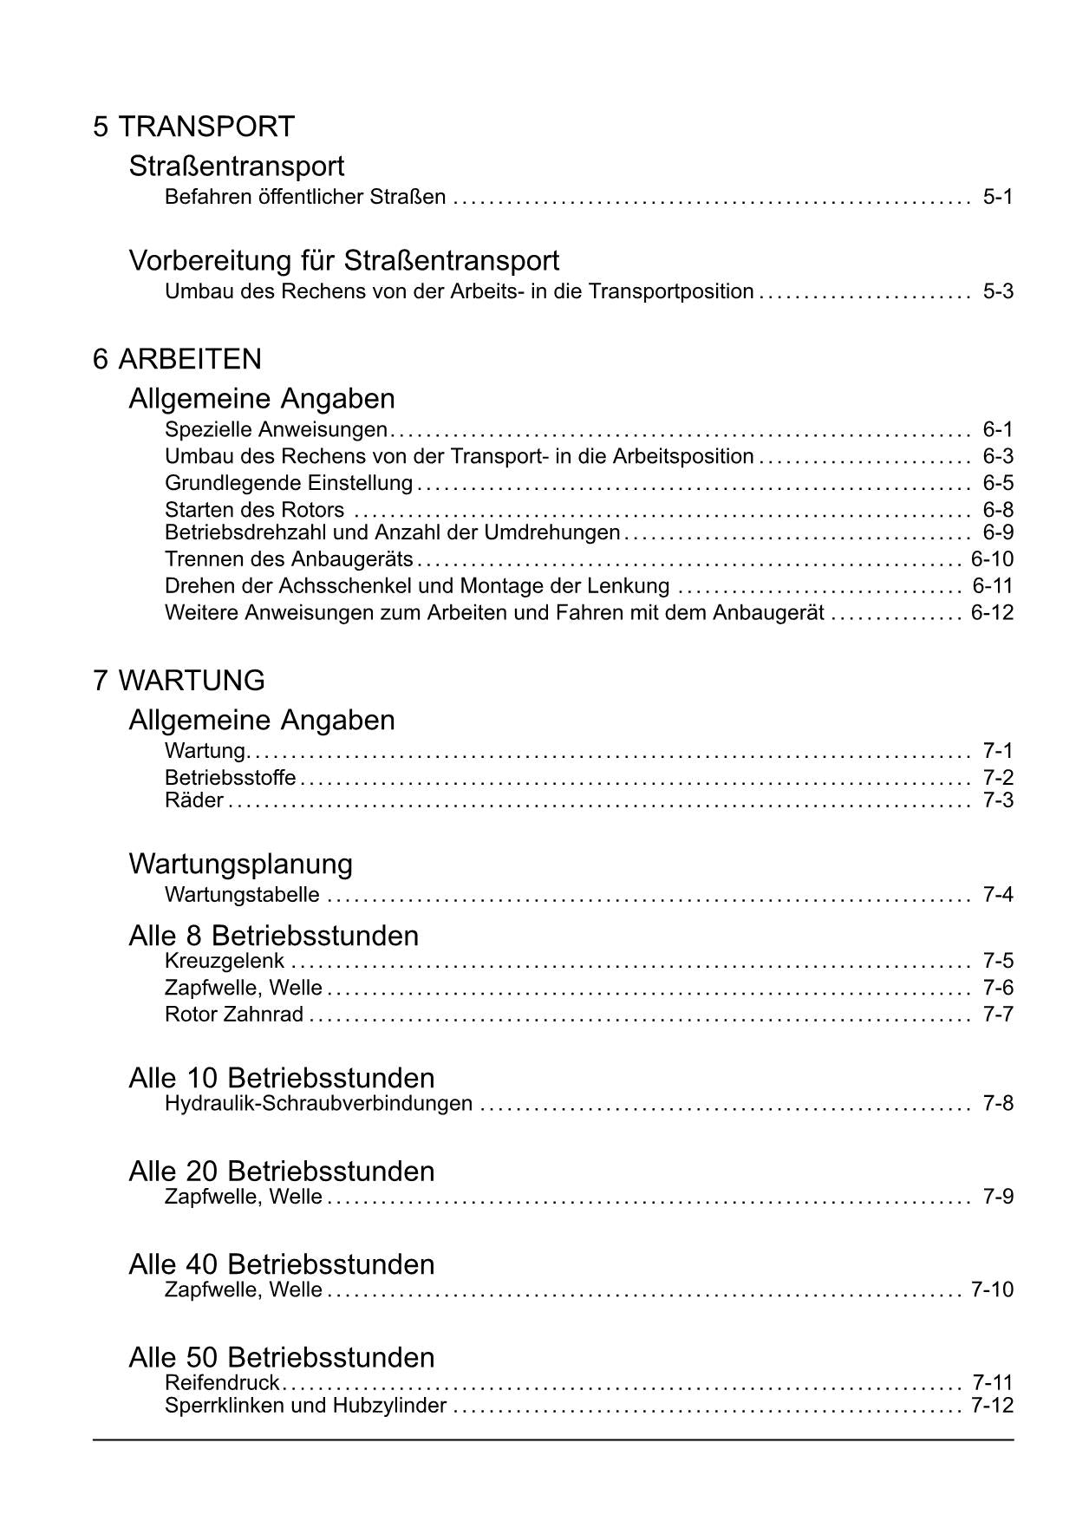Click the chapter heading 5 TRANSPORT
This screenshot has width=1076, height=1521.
[193, 127]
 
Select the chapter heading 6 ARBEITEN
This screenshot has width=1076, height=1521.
[177, 359]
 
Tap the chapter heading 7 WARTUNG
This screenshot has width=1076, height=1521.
[179, 680]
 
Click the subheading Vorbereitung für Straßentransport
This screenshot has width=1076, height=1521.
[343, 260]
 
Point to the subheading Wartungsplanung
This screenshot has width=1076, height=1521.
[240, 864]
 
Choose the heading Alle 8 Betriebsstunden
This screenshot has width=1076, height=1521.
[273, 936]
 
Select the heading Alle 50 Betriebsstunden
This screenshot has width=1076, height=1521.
[281, 1357]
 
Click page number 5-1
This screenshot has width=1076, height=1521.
[997, 197]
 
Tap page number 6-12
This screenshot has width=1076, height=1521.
[992, 613]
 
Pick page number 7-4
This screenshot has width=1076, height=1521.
[997, 895]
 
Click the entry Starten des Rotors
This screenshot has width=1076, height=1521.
[254, 510]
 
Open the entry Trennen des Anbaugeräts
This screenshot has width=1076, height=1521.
[289, 559]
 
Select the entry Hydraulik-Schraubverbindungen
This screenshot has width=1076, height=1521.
[318, 1104]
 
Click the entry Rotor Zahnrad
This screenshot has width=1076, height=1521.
[234, 1015]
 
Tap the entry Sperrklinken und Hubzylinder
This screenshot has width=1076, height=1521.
[305, 1406]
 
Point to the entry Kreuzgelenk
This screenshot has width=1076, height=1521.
[225, 961]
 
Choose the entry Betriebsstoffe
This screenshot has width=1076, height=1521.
[230, 778]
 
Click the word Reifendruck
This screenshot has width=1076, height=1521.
[222, 1382]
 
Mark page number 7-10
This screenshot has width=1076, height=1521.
[992, 1289]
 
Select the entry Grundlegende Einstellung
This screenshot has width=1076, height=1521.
[289, 483]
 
